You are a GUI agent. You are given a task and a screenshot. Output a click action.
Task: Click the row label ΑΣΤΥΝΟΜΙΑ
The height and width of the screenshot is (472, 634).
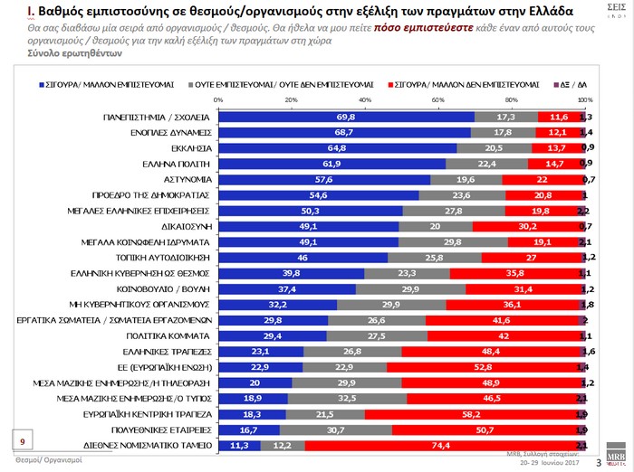[x=187, y=180]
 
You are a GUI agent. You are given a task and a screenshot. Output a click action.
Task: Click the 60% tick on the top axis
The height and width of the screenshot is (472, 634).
[x=437, y=99]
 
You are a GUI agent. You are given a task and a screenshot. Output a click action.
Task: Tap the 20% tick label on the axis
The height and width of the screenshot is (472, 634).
[x=291, y=99]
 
